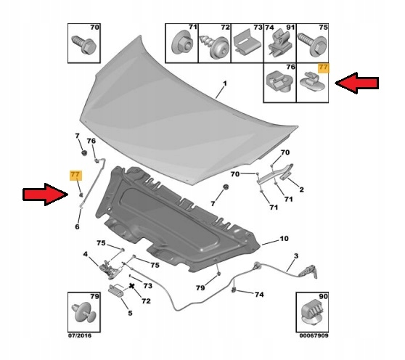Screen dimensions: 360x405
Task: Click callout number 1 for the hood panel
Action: [224, 84]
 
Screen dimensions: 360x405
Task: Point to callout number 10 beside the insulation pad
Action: [284, 238]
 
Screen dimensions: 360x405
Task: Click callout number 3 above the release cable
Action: [296, 256]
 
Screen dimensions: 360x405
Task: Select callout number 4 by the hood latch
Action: [85, 254]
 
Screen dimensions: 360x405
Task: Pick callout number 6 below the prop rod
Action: [76, 226]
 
